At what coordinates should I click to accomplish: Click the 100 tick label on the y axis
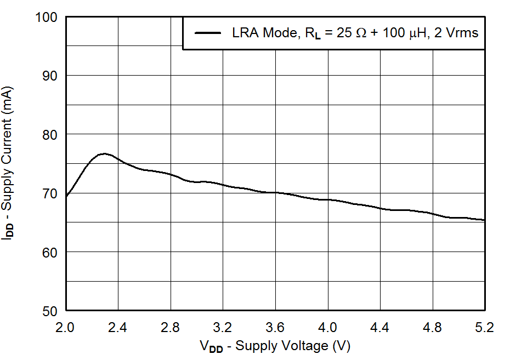click(x=46, y=17)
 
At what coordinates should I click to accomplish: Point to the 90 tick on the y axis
click(x=50, y=76)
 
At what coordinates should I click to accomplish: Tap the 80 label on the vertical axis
click(x=50, y=134)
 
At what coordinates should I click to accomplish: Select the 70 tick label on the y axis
click(x=50, y=193)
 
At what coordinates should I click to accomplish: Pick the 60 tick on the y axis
click(x=50, y=252)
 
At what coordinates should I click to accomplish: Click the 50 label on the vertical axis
click(x=50, y=311)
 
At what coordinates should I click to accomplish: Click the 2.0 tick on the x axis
click(x=66, y=328)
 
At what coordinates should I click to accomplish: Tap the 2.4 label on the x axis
click(x=118, y=328)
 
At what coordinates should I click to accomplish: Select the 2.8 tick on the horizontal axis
click(x=171, y=328)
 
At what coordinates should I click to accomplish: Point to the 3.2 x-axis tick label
click(x=223, y=328)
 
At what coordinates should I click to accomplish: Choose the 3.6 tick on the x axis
click(x=275, y=328)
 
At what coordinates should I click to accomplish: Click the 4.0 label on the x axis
click(x=327, y=328)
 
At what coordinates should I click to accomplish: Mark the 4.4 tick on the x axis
click(x=380, y=328)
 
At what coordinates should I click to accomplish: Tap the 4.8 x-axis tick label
click(x=432, y=328)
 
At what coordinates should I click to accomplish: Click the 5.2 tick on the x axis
click(x=485, y=328)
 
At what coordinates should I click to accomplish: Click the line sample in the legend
click(x=208, y=33)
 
